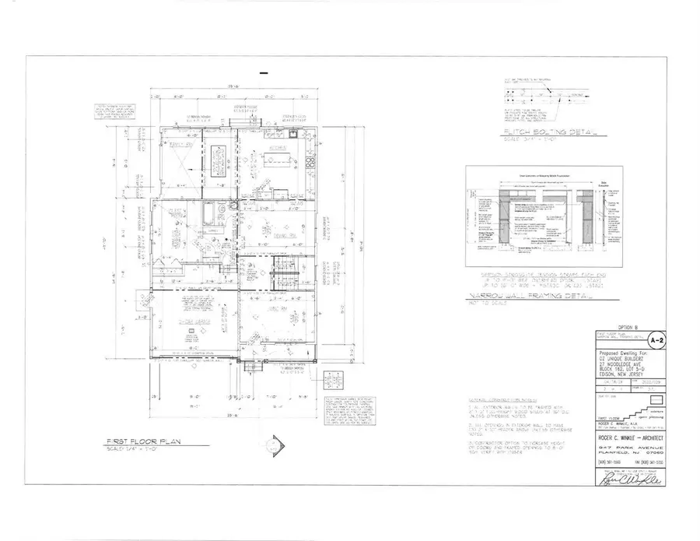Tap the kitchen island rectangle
click(x=278, y=161)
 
